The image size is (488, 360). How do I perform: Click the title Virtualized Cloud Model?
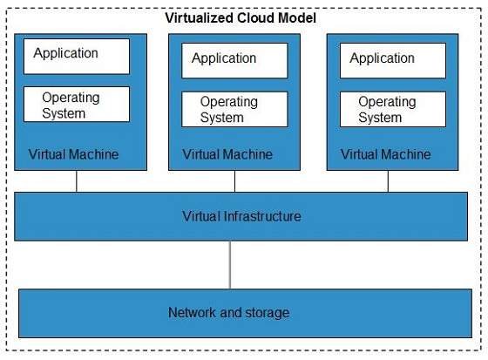(241, 18)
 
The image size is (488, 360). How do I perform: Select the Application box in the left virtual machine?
(76, 56)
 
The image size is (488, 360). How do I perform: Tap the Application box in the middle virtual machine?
(234, 60)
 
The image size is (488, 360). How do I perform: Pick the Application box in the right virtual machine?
(392, 60)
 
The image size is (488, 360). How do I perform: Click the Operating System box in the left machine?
(76, 105)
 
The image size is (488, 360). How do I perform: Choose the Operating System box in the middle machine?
(234, 109)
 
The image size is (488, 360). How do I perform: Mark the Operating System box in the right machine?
(392, 109)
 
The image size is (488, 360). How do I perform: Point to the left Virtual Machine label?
(73, 154)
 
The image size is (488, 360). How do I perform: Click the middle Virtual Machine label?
(227, 154)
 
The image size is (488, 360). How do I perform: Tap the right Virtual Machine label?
(385, 154)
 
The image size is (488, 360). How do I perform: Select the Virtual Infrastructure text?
(241, 215)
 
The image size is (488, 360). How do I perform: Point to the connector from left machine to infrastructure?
(77, 180)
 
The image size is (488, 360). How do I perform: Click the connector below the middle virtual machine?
(234, 180)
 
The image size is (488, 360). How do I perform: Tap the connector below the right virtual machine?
(389, 180)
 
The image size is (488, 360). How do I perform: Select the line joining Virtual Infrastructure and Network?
(231, 264)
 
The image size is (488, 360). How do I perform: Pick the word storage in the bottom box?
(266, 312)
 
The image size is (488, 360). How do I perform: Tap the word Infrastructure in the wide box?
(261, 215)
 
